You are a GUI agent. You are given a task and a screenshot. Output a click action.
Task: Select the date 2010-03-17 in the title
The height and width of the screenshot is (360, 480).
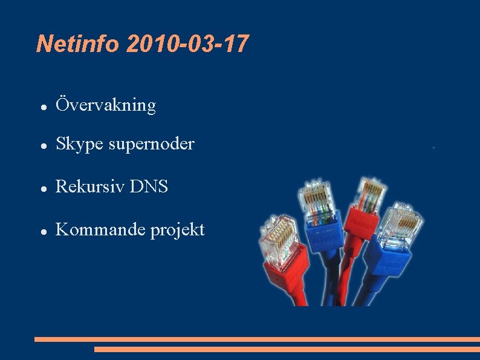[x=187, y=44]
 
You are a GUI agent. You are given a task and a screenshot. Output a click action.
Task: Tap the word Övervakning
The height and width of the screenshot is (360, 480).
[x=106, y=105]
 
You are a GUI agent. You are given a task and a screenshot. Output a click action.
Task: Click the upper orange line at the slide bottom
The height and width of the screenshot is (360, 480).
[x=257, y=339]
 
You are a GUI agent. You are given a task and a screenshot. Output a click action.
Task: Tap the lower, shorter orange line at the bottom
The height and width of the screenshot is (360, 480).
[x=287, y=349]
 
